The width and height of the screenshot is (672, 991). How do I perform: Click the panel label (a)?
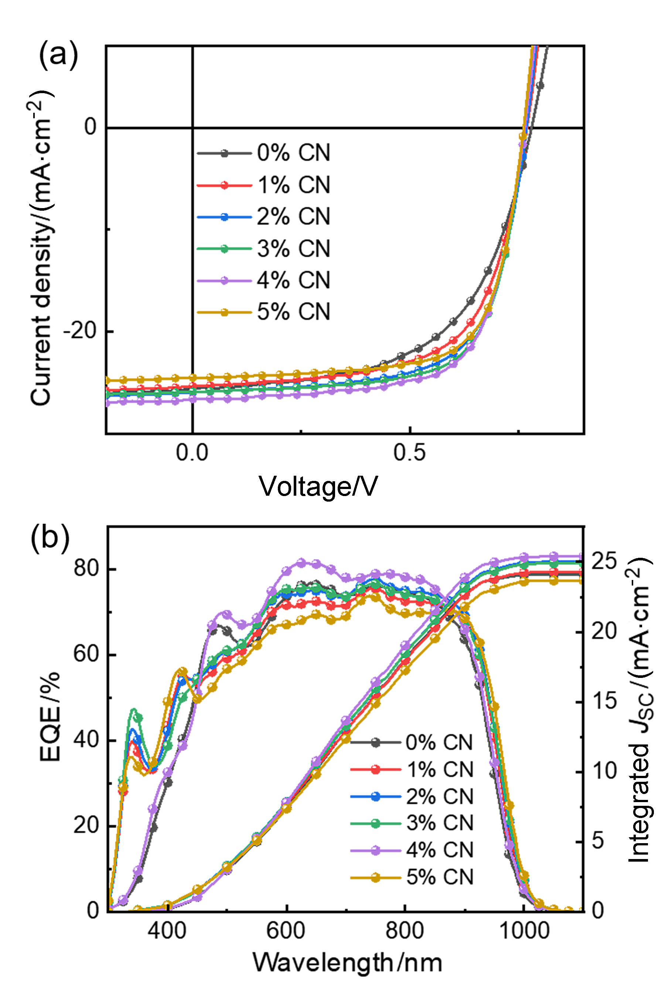pyautogui.click(x=58, y=55)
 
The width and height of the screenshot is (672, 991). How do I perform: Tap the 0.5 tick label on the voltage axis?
pyautogui.click(x=409, y=453)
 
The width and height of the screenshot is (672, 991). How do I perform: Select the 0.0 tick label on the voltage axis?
pyautogui.click(x=192, y=453)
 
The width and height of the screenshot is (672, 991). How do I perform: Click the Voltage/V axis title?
pyautogui.click(x=318, y=486)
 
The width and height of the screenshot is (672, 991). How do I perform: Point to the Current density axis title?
pyautogui.click(x=41, y=247)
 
